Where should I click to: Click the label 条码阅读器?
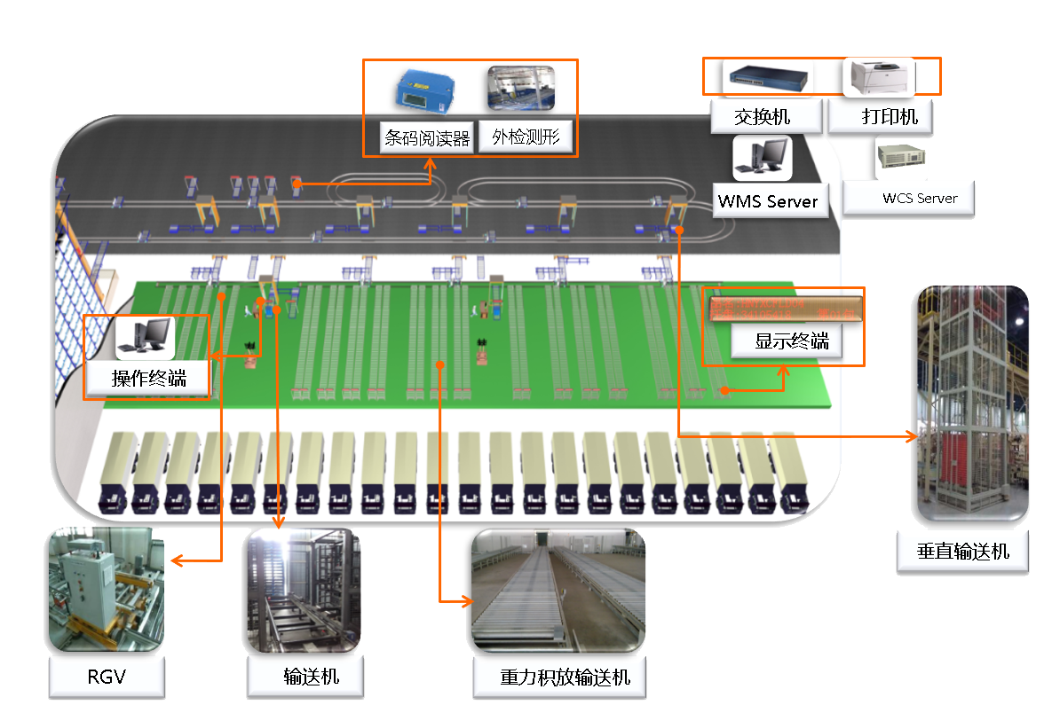(x=427, y=138)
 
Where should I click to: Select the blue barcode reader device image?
(x=426, y=92)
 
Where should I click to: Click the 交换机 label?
(x=763, y=116)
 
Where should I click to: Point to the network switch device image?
(x=765, y=78)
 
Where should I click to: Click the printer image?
(x=878, y=77)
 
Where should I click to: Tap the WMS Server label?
(x=768, y=201)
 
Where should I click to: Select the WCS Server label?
(x=920, y=199)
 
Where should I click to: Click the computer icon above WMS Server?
(x=762, y=158)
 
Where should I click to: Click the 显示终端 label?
(x=792, y=341)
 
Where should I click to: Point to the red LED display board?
(x=784, y=308)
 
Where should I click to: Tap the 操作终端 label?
(x=149, y=379)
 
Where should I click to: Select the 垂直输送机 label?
(x=963, y=551)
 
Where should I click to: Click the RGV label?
(x=107, y=678)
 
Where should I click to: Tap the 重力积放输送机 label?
(x=565, y=678)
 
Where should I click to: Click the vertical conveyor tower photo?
(x=971, y=403)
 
